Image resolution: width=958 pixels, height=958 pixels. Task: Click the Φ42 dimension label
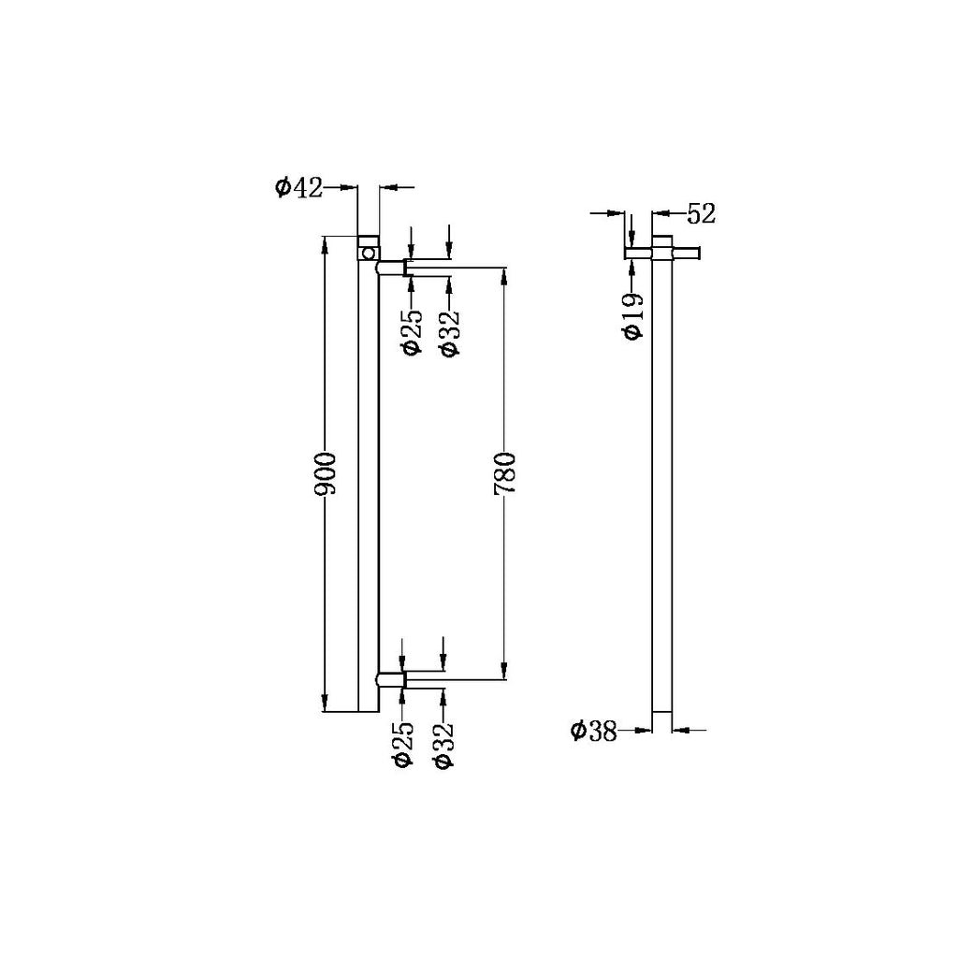pos(298,188)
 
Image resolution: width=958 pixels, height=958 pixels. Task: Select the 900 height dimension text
pos(326,475)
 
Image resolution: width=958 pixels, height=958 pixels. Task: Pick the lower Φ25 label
pos(403,745)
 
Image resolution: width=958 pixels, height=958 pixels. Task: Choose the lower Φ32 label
pos(443,745)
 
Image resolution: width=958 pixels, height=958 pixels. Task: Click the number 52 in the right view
pos(701,214)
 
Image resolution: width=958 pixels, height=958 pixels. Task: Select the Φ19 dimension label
pos(632,316)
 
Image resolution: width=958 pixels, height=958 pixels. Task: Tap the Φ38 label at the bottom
pos(594,731)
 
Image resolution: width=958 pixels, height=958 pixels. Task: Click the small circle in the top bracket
pos(369,254)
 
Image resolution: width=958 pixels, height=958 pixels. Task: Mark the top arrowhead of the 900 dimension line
pos(326,245)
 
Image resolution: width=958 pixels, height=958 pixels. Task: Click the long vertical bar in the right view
pos(661,486)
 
